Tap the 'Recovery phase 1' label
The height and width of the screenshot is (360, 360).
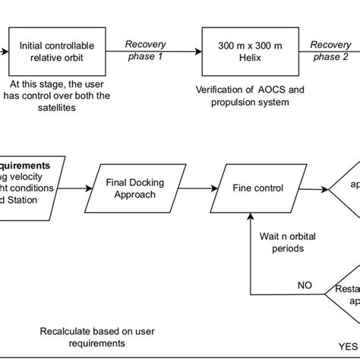click(x=146, y=50)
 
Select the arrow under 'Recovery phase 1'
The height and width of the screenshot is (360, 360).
click(x=146, y=52)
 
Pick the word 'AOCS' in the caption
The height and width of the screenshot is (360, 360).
click(x=250, y=90)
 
